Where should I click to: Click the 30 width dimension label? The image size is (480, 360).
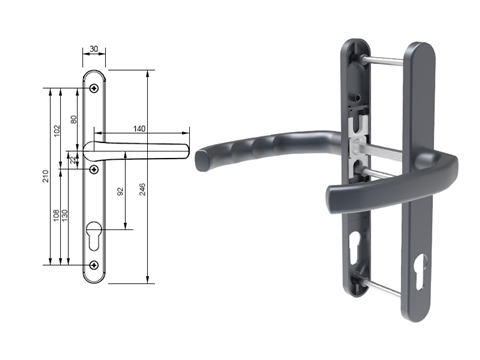pos(94,49)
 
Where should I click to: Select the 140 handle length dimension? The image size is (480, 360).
pos(139,129)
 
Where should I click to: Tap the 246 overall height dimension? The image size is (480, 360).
pos(142,189)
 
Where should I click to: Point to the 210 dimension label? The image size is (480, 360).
pos(45,176)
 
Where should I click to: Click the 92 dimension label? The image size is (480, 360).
pos(120,191)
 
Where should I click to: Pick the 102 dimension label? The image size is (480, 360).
pos(57,131)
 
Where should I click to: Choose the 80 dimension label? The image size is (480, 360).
pos(74,119)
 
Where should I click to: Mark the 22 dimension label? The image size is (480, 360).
pos(73,160)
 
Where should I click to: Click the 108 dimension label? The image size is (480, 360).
pos(56,215)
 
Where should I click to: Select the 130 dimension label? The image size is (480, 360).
pos(65,215)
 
